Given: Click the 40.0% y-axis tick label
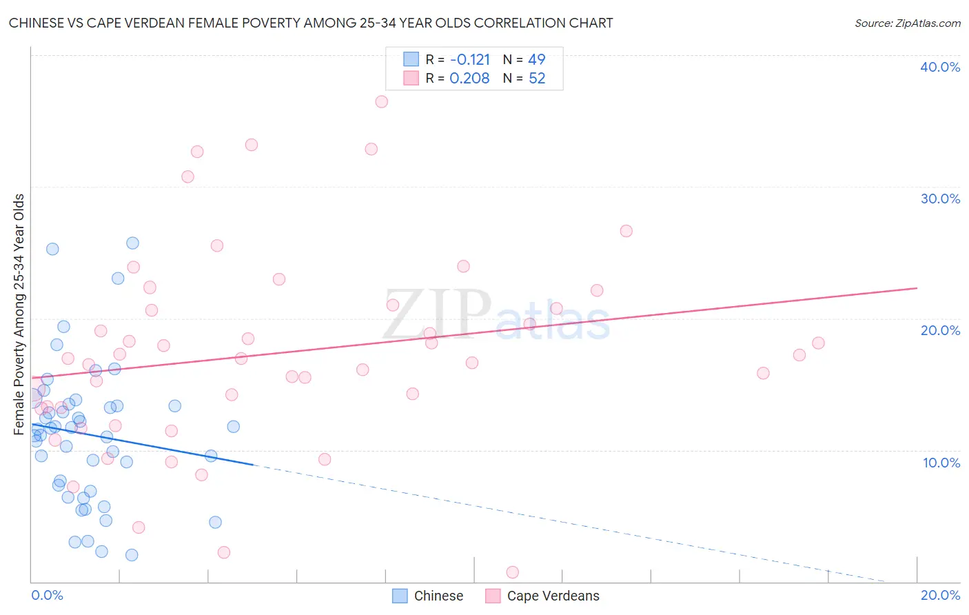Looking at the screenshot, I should tap(940, 67).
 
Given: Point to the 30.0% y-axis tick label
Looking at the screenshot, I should tap(940, 199).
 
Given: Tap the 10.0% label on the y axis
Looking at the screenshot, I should tap(941, 463).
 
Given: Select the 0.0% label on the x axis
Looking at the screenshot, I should tap(47, 595).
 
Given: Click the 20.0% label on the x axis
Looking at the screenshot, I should tap(940, 595).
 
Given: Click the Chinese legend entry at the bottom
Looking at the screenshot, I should tap(428, 596).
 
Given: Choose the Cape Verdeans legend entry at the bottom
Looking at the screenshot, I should tap(542, 596).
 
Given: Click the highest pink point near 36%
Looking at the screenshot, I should tap(381, 101).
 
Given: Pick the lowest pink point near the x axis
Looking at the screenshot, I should tap(512, 572).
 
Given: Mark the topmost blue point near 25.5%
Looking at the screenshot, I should tap(132, 243).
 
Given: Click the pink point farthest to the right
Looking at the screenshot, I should tap(818, 343).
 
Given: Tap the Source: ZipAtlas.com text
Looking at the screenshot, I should tap(907, 23).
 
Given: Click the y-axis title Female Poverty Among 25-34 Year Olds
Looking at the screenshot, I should tap(19, 314).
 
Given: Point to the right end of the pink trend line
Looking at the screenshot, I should tap(917, 288).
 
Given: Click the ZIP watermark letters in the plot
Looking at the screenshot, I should tap(437, 314).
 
